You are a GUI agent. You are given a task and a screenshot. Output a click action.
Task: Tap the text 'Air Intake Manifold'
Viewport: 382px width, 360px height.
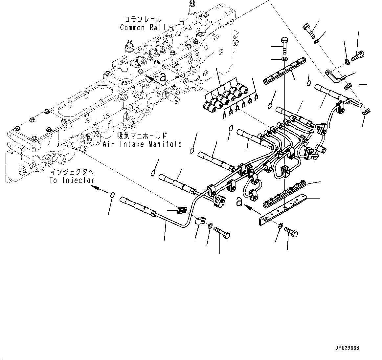[x=142, y=144]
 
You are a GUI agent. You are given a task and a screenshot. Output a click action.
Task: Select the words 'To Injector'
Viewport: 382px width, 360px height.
[x=72, y=180]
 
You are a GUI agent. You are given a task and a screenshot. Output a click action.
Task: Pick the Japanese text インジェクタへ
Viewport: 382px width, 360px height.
[x=72, y=172]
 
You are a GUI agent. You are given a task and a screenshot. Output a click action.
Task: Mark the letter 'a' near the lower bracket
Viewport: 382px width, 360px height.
[x=239, y=201]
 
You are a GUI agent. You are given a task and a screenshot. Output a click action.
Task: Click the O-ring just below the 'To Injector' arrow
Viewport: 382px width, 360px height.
[x=113, y=195]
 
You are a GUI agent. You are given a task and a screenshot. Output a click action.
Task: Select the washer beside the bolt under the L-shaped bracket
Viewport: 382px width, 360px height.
[x=280, y=226]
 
